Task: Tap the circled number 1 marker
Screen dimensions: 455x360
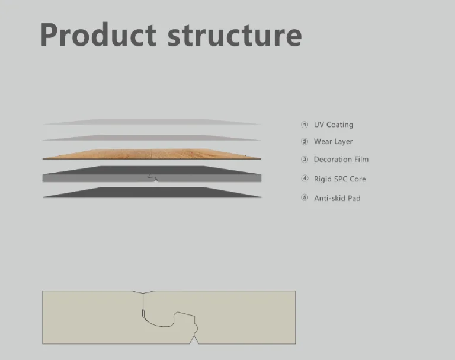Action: tap(305, 125)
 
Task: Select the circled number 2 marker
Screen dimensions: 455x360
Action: tap(305, 142)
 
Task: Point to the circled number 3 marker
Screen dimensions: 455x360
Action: tap(305, 160)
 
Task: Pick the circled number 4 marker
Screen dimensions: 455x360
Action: tap(305, 179)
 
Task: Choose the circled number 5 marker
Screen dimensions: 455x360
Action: tap(305, 198)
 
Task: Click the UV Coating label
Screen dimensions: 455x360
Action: tap(333, 125)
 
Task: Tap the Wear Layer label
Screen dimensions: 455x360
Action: tap(333, 142)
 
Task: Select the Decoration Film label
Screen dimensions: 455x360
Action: tap(341, 160)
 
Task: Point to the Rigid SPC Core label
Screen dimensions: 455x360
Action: tap(339, 179)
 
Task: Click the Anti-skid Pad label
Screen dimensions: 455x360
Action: tap(337, 198)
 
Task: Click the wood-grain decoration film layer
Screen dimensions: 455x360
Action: tap(152, 154)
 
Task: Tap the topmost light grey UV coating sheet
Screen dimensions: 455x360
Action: tap(152, 122)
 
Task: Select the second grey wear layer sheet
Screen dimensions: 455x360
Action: tap(152, 138)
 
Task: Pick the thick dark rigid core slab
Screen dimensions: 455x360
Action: tap(95, 176)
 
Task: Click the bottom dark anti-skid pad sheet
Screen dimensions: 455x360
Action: tap(152, 193)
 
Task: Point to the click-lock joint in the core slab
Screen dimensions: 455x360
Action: tap(153, 177)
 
